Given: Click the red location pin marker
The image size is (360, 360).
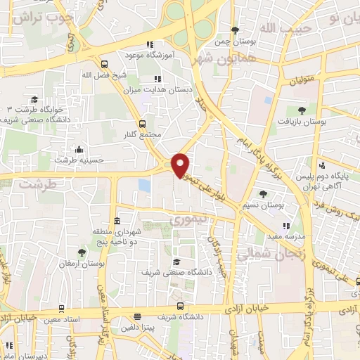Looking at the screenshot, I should pos(181,165).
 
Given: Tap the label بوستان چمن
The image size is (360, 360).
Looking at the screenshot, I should pos(235,41).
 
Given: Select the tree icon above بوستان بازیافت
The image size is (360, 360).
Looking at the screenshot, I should pos(302,110).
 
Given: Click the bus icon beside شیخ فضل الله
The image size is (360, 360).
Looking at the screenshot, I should pos(104,62).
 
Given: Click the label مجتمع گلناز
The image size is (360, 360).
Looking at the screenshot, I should pos(146,134).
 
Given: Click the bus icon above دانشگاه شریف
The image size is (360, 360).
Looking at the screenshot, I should pos(180,307).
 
